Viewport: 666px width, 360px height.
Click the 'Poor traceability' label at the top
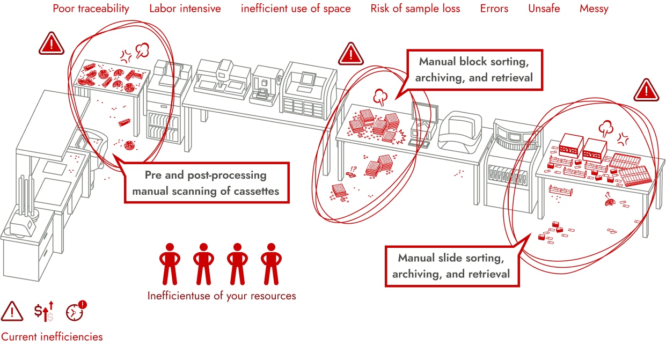coord(91,9)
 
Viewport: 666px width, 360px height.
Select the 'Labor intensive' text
coord(185,9)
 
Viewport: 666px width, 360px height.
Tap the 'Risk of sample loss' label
coord(415,9)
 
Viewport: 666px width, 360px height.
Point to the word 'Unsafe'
coord(545,9)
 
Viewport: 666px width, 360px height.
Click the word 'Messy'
coord(594,9)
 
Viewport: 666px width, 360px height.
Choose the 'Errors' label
coord(494,9)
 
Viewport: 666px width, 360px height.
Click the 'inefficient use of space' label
coord(296,9)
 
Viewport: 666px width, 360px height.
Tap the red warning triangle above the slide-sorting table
coord(646,90)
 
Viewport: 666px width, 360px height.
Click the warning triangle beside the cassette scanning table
coord(52,43)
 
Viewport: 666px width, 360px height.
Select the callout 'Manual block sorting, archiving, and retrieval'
coord(475,69)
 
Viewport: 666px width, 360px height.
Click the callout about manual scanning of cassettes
coord(206,183)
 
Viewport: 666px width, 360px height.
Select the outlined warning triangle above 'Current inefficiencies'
coord(12,311)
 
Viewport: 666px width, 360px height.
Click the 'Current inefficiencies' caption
coord(52,337)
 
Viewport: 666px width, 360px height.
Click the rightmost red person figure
coord(271,263)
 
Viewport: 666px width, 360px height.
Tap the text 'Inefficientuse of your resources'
coord(221,296)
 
